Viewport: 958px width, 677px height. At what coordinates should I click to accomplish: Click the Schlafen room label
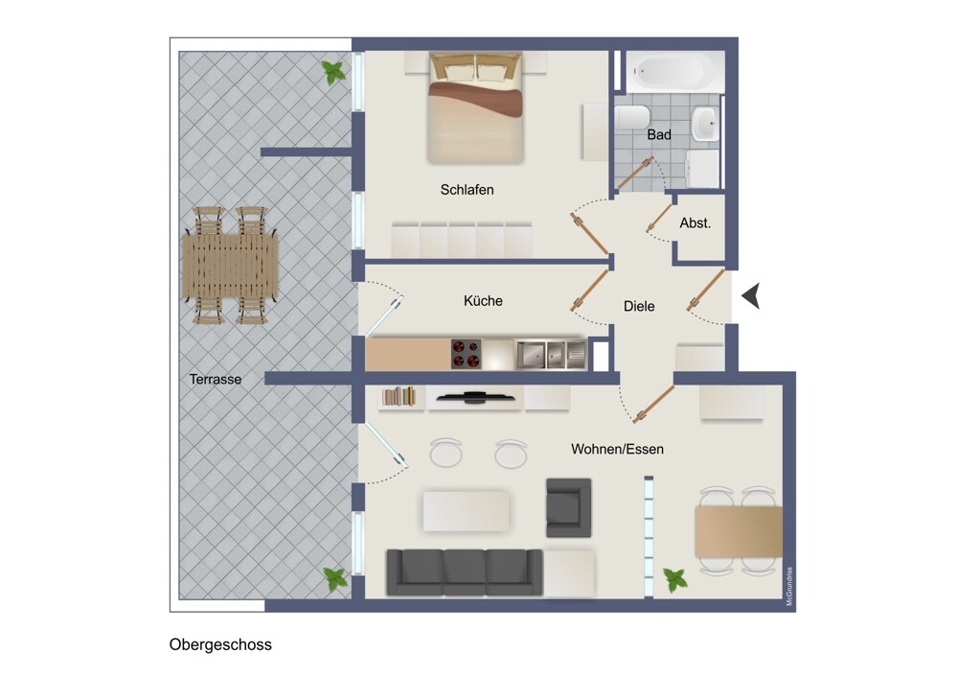(x=467, y=190)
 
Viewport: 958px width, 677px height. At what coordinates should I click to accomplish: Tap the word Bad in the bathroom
(x=659, y=134)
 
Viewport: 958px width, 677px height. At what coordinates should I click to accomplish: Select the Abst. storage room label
(x=696, y=223)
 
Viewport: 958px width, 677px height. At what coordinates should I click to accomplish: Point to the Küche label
(x=483, y=301)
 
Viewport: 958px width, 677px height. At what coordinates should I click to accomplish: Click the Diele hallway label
(x=639, y=306)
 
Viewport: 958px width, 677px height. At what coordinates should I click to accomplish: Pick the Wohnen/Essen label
(x=617, y=449)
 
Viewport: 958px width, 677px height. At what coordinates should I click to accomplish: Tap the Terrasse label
(x=215, y=379)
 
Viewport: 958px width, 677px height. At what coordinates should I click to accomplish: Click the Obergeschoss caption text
(x=220, y=644)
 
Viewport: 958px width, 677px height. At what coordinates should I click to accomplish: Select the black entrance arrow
(x=751, y=296)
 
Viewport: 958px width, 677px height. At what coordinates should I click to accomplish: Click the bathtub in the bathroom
(x=675, y=72)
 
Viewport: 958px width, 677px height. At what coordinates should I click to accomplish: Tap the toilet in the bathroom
(x=631, y=117)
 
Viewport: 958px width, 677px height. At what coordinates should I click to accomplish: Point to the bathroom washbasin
(x=706, y=124)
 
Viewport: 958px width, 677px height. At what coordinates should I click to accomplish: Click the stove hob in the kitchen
(x=466, y=354)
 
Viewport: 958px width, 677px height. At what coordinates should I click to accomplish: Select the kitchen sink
(x=551, y=355)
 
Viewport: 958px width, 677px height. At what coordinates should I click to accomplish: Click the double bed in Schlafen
(x=476, y=107)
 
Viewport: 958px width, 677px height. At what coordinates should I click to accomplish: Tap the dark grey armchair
(x=568, y=507)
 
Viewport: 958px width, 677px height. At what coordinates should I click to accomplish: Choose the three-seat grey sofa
(x=465, y=572)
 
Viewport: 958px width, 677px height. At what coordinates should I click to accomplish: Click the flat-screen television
(x=475, y=398)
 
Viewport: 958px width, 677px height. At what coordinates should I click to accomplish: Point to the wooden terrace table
(x=230, y=266)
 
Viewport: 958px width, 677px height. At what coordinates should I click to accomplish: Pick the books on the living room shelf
(x=399, y=396)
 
